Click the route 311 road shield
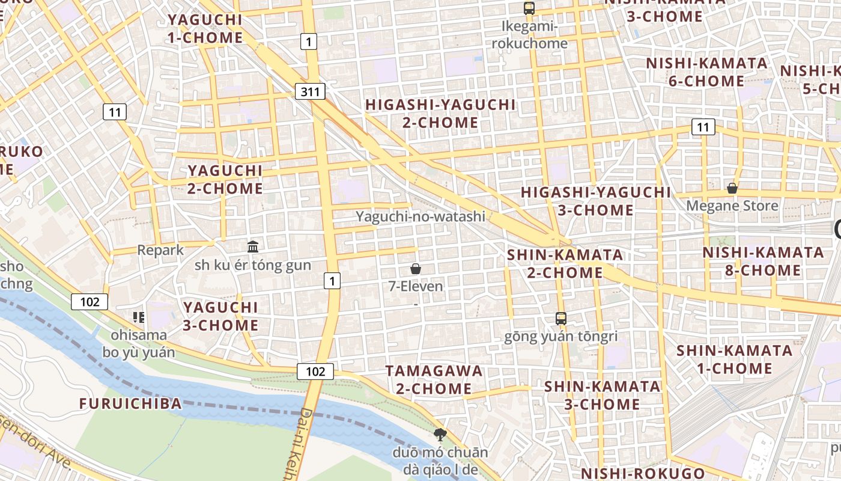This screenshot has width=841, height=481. [x=310, y=91]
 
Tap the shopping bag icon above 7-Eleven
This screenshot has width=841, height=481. [x=415, y=268]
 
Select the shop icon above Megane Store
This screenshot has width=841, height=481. [x=732, y=188]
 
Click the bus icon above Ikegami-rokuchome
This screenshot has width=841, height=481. [x=529, y=8]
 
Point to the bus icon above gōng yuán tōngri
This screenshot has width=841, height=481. [x=560, y=319]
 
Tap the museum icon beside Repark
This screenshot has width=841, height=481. [x=253, y=247]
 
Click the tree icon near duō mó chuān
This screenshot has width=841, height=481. [x=440, y=434]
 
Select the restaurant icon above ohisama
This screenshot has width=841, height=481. [x=139, y=317]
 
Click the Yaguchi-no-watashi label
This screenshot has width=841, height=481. [x=420, y=216]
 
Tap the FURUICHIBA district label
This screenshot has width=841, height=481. [x=130, y=403]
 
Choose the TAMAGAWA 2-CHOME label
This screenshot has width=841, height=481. [x=434, y=379]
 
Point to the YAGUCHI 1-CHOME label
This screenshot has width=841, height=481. [x=205, y=28]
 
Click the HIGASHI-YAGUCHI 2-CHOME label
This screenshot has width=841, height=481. [x=440, y=114]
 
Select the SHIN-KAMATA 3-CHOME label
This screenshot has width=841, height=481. [x=602, y=395]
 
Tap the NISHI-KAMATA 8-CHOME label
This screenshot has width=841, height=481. [x=763, y=262]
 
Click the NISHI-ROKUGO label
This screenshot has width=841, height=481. [x=642, y=473]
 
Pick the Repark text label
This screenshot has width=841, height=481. [x=160, y=250]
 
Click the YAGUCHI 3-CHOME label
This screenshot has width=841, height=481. [x=220, y=316]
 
